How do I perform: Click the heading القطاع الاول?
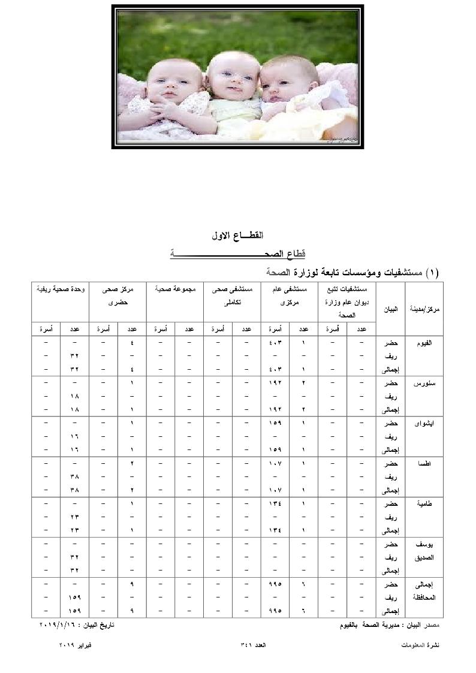click(238, 237)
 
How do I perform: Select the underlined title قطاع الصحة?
click(238, 254)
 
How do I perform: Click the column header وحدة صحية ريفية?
click(61, 289)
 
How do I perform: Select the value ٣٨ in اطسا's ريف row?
click(75, 477)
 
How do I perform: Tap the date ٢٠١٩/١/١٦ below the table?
click(58, 625)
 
